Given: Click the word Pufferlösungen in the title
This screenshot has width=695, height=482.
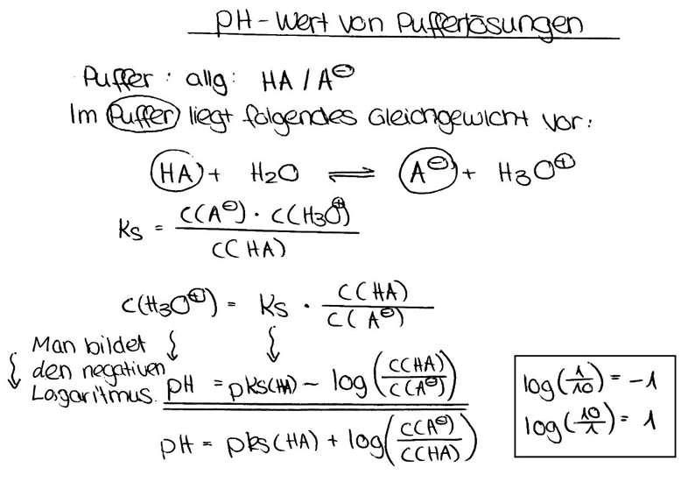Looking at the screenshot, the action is pyautogui.click(x=489, y=25).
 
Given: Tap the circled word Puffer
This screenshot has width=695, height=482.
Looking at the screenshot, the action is pyautogui.click(x=144, y=116).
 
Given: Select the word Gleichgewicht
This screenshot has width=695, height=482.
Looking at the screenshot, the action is pyautogui.click(x=448, y=117).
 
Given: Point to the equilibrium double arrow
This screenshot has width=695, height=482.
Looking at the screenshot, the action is pyautogui.click(x=350, y=174).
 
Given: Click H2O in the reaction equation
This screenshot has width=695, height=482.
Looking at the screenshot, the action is pyautogui.click(x=274, y=173).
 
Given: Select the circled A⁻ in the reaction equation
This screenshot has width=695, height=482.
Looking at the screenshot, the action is pyautogui.click(x=427, y=174).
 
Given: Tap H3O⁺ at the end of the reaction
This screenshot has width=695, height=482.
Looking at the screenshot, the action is pyautogui.click(x=537, y=170).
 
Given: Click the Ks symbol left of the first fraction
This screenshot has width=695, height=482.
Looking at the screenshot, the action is pyautogui.click(x=130, y=230).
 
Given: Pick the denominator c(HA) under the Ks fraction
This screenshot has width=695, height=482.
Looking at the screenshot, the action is pyautogui.click(x=249, y=250).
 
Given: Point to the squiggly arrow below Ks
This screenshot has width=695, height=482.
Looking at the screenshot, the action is pyautogui.click(x=273, y=344).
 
